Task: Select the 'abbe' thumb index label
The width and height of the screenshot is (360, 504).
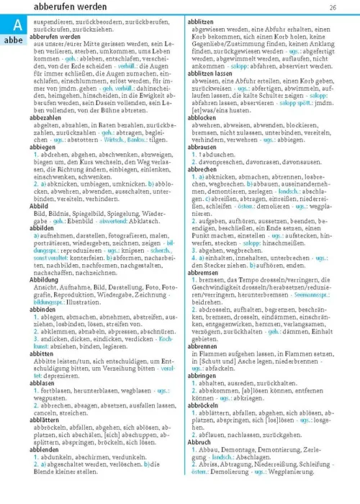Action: point(14,42)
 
